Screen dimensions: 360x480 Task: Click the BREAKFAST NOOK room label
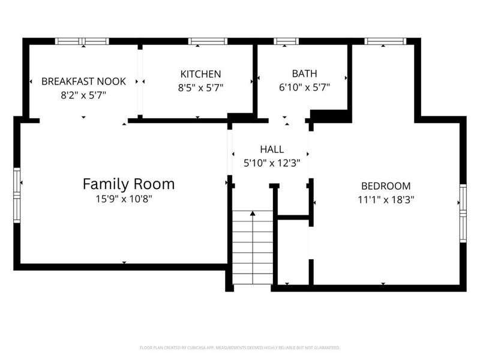click(83, 81)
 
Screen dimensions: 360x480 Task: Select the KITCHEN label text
click(200, 74)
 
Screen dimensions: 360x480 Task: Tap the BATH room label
click(304, 74)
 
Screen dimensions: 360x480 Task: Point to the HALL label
click(272, 149)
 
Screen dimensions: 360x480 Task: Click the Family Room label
click(128, 184)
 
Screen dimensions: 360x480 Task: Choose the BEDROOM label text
click(385, 186)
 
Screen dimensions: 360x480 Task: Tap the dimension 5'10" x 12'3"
click(272, 162)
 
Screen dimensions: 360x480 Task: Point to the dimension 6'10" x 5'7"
click(304, 87)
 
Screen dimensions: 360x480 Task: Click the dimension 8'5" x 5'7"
click(200, 87)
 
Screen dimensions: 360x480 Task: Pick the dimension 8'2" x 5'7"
click(83, 94)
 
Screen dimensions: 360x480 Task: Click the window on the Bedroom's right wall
click(463, 213)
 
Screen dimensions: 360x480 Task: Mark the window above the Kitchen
click(208, 41)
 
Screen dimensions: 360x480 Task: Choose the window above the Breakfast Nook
click(82, 41)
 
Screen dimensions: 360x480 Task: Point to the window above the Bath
click(286, 41)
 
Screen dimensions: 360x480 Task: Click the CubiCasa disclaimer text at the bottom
click(240, 347)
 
